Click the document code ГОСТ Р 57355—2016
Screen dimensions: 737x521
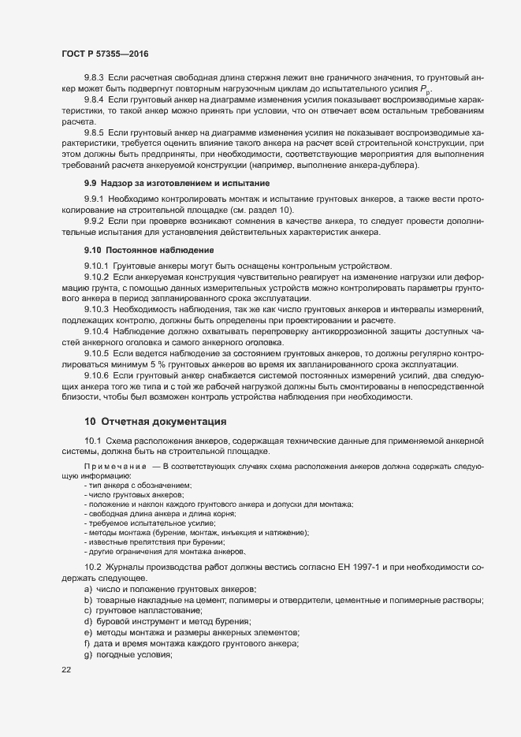pyautogui.click(x=104, y=54)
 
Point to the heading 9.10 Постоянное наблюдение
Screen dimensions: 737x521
pyautogui.click(x=149, y=250)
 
